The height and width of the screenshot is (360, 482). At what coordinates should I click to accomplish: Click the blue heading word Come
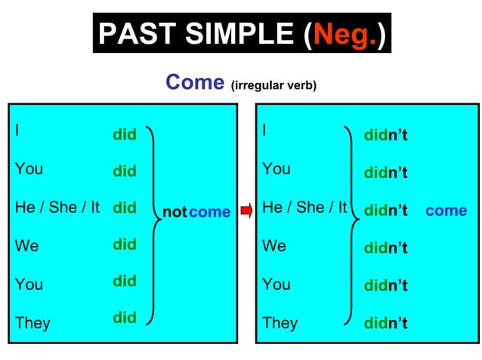tap(195, 82)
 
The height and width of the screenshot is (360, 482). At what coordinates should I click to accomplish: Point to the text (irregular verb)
tap(273, 85)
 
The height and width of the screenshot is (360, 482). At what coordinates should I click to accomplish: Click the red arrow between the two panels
tap(246, 211)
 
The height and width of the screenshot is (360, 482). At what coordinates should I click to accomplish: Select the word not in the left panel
tap(174, 212)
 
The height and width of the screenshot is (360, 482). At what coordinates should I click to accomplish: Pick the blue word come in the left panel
tap(209, 212)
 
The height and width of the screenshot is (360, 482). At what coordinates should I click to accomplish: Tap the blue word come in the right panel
tap(446, 211)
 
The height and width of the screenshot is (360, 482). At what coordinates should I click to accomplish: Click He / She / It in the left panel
tap(57, 208)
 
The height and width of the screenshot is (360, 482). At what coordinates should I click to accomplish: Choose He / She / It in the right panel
tap(304, 208)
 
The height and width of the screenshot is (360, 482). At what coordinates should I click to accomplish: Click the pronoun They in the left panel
tap(32, 323)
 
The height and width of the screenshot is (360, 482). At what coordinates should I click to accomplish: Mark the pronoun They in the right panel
tap(280, 323)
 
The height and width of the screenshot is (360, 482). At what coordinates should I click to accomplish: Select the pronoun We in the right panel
tap(273, 246)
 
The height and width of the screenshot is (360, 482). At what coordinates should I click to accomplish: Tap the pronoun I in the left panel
tap(17, 130)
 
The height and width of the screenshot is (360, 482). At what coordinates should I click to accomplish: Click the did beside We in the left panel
tap(125, 245)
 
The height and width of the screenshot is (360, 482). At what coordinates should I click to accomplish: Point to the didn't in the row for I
tap(385, 135)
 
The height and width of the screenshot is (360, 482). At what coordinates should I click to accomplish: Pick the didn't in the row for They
tap(385, 324)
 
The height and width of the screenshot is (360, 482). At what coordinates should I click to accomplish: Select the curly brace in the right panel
tap(348, 223)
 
